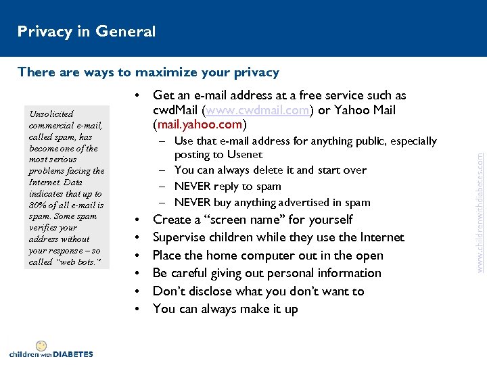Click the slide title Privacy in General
coord(87,31)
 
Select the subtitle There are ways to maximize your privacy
coord(148,72)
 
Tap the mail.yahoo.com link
coord(200,125)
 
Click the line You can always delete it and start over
coord(270,170)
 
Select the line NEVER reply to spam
coord(227,187)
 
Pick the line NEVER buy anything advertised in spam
coord(272,202)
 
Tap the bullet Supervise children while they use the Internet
coord(278,237)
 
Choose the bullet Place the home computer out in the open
coord(268,255)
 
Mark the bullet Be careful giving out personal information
coord(266,273)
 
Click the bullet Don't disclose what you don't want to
coord(258,291)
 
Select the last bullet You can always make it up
coord(225,309)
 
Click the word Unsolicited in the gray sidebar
coord(51,114)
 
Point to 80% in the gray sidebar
coord(39,205)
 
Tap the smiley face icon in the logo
coord(41,345)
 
